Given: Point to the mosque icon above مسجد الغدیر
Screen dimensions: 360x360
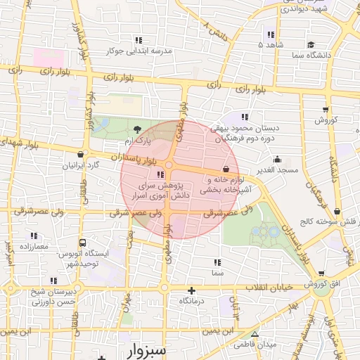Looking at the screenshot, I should (278, 160).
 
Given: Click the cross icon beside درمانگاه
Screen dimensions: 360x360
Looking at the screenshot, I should (191, 290).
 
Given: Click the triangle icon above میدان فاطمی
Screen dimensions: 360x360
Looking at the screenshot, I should (255, 335).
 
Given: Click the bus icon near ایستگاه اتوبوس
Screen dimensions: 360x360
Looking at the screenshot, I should (83, 242).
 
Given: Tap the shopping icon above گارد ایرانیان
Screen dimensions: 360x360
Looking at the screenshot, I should (81, 155).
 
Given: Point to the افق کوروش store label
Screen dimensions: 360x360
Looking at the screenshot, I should (321, 284).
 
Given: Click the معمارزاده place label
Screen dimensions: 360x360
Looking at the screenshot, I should (33, 247).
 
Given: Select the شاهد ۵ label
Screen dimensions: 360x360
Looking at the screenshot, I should (271, 44).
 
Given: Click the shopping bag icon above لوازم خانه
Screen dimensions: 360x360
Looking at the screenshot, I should (225, 169).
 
